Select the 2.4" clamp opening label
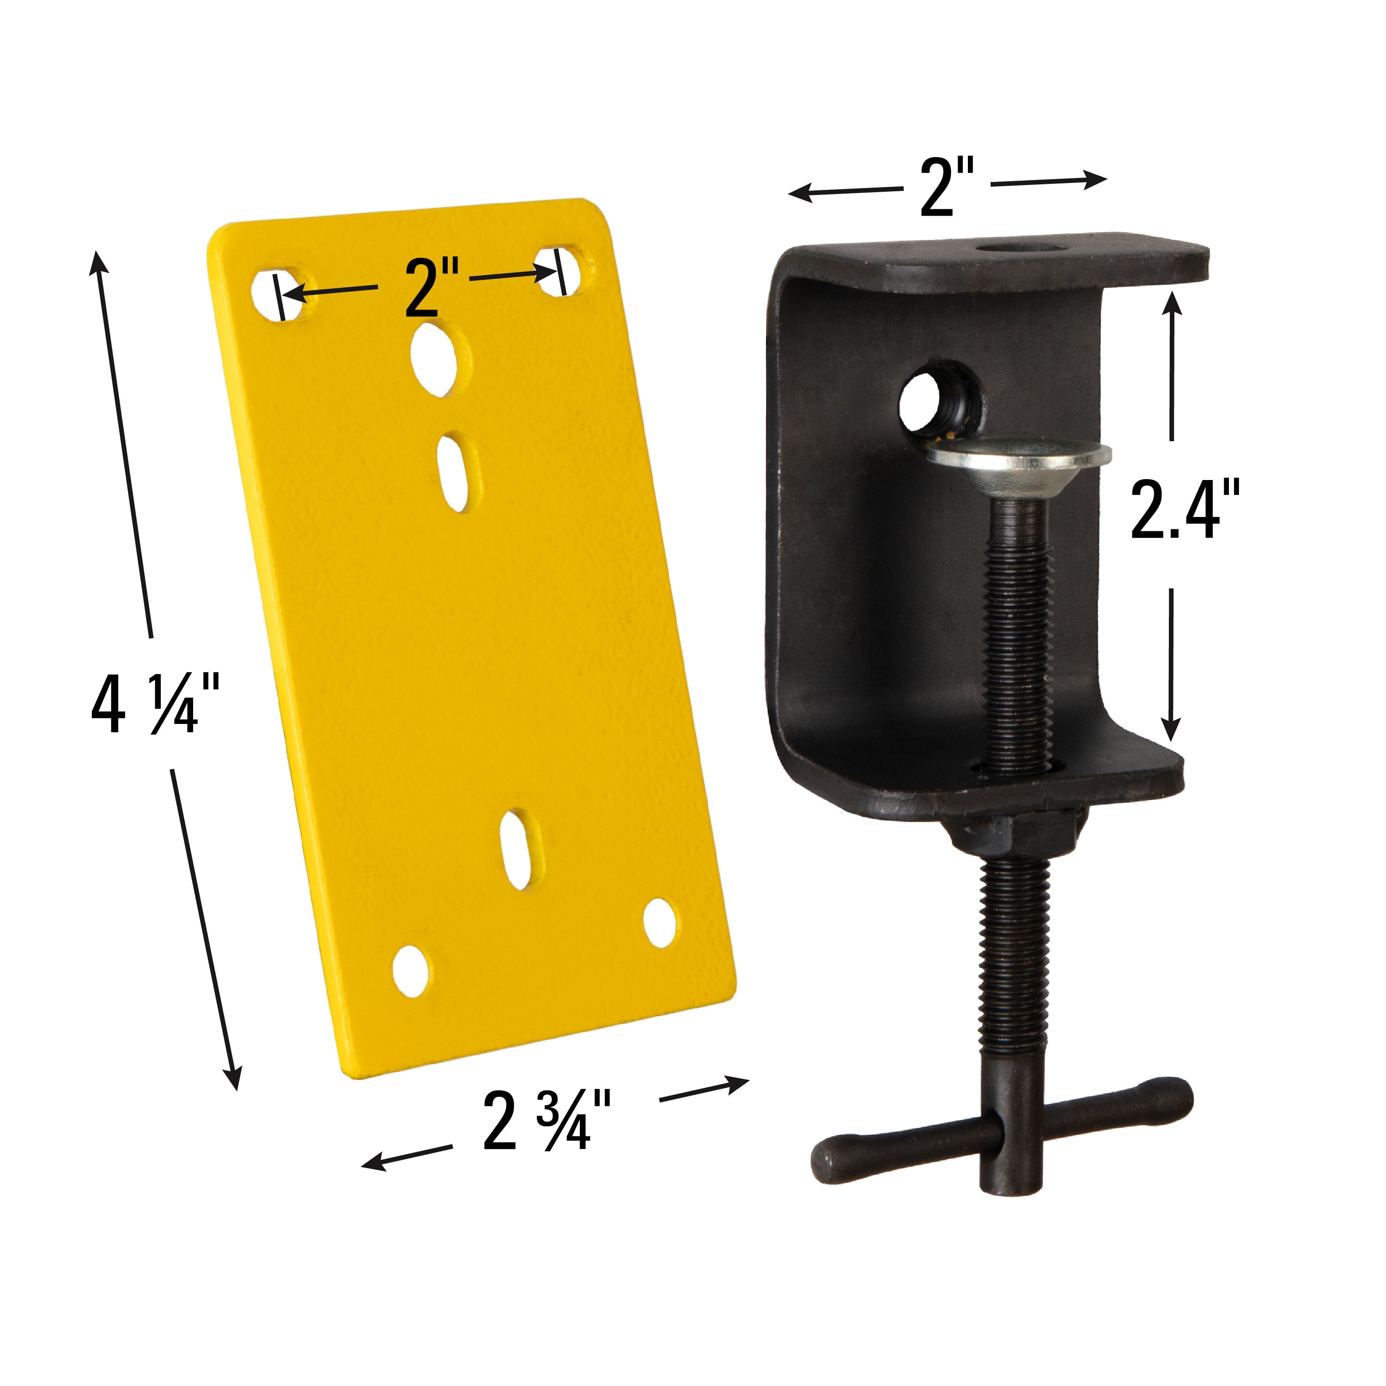pyautogui.click(x=1184, y=511)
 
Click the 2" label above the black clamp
pyautogui.click(x=947, y=188)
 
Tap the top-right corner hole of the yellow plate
pyautogui.click(x=565, y=271)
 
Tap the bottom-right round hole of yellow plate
pyautogui.click(x=660, y=922)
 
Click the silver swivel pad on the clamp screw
pyautogui.click(x=1019, y=459)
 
